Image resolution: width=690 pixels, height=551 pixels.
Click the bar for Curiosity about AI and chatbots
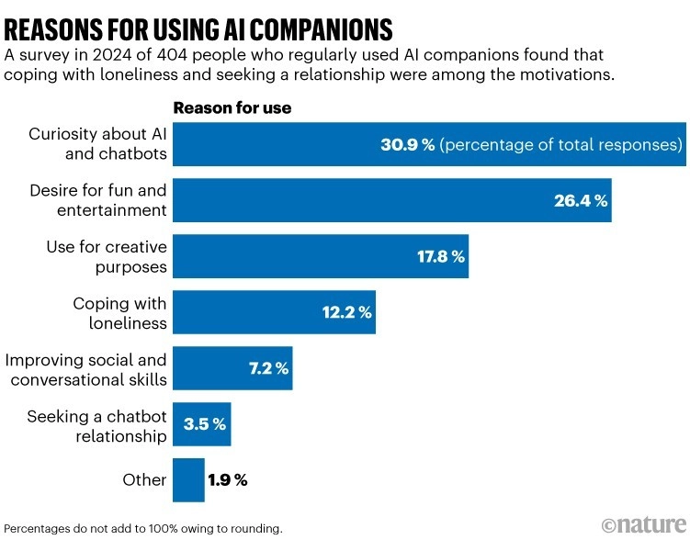276,144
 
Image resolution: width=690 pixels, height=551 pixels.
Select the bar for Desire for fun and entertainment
276,200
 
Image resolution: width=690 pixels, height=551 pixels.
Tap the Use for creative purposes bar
276,256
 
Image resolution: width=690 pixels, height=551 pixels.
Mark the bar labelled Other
188,480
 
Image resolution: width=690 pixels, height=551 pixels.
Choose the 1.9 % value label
228,480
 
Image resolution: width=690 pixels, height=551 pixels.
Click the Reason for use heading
232,107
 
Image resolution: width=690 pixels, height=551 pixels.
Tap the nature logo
643,524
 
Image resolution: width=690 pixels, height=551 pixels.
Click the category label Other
144,480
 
